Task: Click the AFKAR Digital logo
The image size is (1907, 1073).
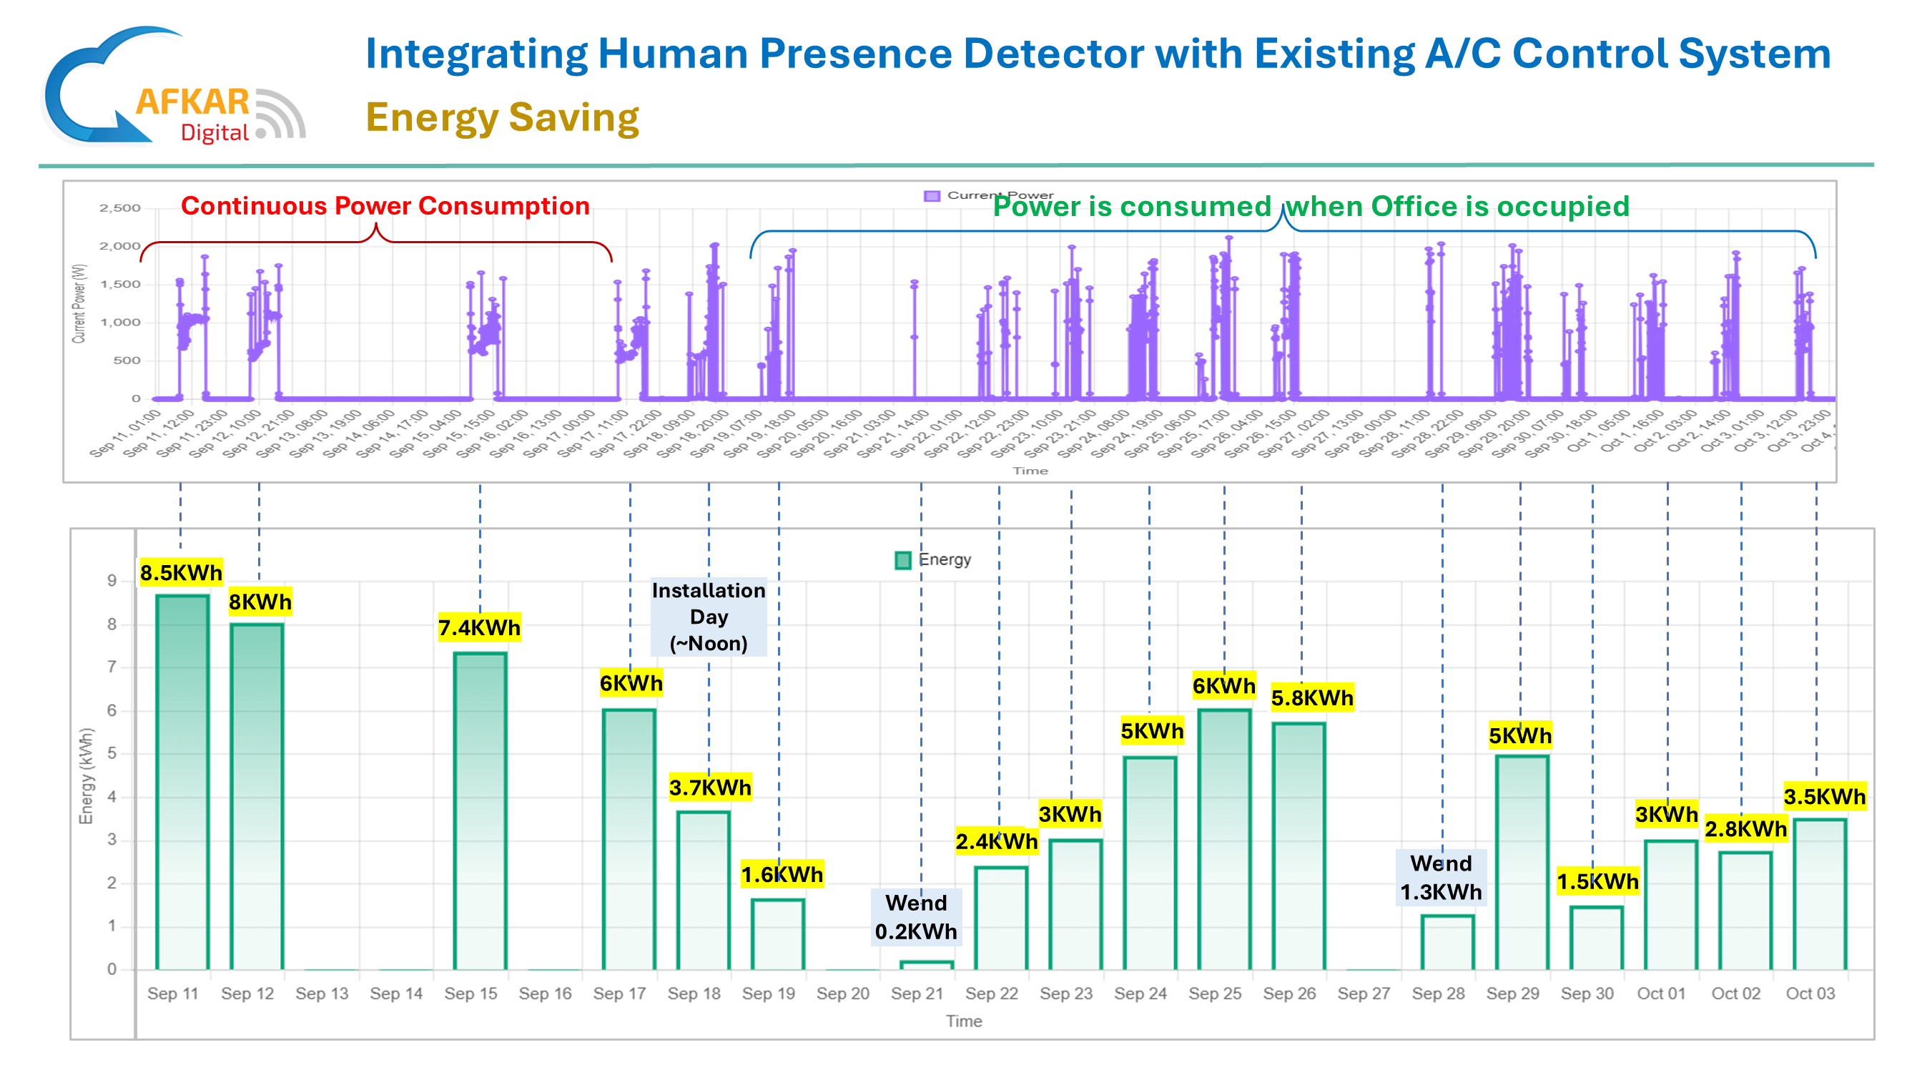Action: (x=174, y=87)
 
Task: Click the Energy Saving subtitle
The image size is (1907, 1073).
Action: (x=502, y=118)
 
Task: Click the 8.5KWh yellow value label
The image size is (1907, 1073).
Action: (x=181, y=572)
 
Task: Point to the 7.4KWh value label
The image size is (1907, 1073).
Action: (x=479, y=628)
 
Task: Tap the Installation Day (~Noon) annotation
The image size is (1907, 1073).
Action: (x=709, y=617)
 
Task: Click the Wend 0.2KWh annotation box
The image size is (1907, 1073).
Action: (x=916, y=917)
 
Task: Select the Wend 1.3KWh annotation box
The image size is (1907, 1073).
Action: (x=1441, y=878)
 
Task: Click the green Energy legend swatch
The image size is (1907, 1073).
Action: (x=902, y=560)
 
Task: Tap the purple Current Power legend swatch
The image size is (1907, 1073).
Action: (x=931, y=195)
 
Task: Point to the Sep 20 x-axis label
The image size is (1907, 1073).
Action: (x=842, y=994)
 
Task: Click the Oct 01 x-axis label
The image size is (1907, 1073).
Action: (x=1660, y=994)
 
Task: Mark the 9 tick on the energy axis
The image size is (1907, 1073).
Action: (x=112, y=581)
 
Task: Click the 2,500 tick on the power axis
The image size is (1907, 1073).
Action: (x=120, y=208)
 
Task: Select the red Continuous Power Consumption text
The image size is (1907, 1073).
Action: (x=385, y=206)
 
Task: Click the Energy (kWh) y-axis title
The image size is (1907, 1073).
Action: (x=87, y=775)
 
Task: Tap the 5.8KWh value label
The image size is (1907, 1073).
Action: (x=1312, y=697)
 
